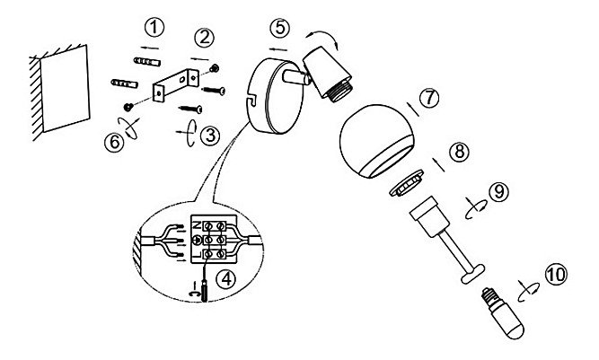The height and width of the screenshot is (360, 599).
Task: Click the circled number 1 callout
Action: (x=154, y=28)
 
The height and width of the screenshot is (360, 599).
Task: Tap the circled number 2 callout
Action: (x=204, y=38)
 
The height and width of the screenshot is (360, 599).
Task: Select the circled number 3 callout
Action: (x=210, y=136)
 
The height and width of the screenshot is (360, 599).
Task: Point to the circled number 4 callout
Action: (x=226, y=279)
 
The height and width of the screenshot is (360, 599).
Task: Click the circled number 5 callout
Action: (x=279, y=28)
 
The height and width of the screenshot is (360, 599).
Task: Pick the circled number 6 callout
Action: (x=114, y=143)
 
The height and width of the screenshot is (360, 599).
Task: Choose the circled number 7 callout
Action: (x=429, y=98)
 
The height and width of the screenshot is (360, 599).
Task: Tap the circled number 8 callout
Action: (x=459, y=151)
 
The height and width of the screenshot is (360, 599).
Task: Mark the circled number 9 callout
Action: (x=499, y=191)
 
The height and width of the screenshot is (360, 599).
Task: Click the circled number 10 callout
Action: (x=556, y=274)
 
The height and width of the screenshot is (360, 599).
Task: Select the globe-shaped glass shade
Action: (x=376, y=141)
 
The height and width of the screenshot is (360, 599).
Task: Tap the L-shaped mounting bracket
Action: (x=175, y=85)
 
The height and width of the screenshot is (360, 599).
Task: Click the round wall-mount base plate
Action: (x=274, y=96)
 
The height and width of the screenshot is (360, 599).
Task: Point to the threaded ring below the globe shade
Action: (x=407, y=183)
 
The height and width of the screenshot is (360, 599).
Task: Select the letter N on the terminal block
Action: (x=196, y=225)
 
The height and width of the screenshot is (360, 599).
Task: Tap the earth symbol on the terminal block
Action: (x=197, y=240)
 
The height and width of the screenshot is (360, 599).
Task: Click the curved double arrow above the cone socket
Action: (x=322, y=38)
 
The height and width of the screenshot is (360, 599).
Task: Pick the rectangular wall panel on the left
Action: (x=65, y=88)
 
